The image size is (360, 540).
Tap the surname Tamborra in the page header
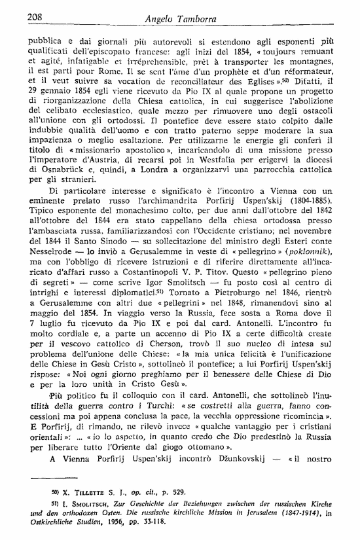pyautogui.click(x=199, y=18)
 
